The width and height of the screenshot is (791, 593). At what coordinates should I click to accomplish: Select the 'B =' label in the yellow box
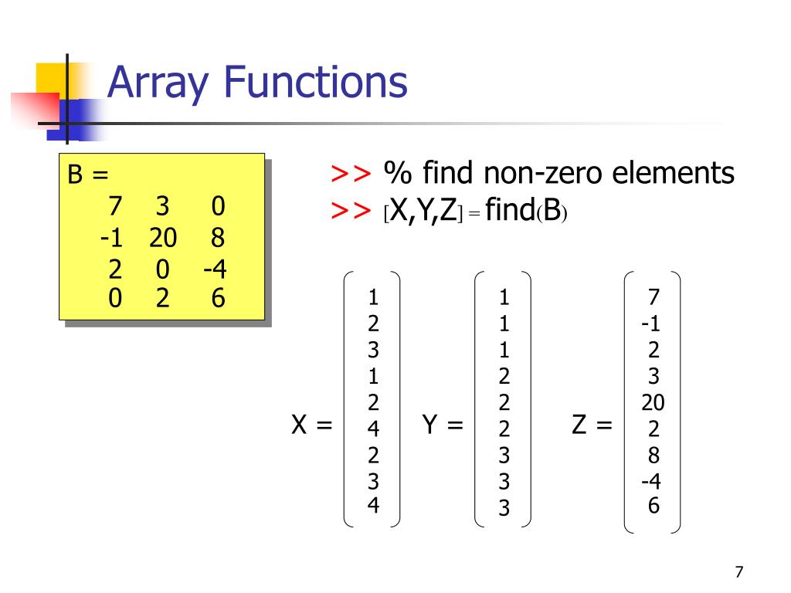87,176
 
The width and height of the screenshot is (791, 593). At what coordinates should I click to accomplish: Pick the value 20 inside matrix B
164,239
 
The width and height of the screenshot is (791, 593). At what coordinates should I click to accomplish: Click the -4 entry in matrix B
215,270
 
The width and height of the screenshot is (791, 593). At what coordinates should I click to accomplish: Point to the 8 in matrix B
217,239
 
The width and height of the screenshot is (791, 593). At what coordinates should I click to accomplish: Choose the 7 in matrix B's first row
115,207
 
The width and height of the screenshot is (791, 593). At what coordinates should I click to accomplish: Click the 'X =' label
311,425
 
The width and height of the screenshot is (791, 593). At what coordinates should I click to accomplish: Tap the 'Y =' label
443,425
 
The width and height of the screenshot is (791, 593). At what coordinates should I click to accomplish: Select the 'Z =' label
592,425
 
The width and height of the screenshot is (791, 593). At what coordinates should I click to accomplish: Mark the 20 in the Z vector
653,403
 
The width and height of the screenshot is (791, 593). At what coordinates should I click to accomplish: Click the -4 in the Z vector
650,482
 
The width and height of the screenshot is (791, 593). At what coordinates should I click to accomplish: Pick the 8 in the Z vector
654,455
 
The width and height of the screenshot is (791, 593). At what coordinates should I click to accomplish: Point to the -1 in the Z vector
650,324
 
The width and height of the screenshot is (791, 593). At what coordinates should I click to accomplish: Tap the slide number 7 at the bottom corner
739,572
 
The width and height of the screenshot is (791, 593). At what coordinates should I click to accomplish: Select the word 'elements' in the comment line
674,174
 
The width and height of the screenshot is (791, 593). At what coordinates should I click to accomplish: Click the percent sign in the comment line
398,175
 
